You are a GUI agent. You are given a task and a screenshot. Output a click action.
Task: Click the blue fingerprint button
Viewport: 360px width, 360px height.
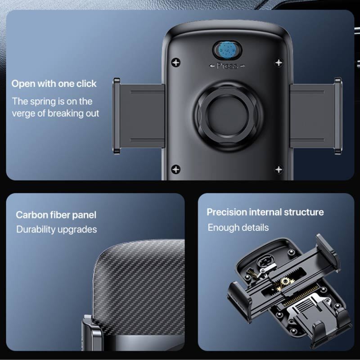[x=227, y=49]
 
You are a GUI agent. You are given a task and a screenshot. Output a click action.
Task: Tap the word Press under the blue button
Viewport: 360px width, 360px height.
[x=227, y=66]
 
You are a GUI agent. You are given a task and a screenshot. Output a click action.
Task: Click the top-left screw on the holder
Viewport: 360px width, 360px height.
[x=176, y=62]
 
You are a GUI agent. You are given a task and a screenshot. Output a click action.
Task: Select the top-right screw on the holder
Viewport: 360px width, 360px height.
[x=279, y=62]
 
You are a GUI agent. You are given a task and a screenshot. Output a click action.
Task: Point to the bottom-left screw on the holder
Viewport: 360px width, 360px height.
[x=176, y=169]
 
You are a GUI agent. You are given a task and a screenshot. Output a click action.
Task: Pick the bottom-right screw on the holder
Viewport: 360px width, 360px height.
[x=279, y=169]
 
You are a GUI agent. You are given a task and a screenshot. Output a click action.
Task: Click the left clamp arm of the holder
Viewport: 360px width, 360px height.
[x=139, y=116]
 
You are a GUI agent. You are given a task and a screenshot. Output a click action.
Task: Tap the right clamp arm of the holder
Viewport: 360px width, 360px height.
[x=316, y=116]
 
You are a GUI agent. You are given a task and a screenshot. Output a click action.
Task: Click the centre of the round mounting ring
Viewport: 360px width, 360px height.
[x=227, y=116]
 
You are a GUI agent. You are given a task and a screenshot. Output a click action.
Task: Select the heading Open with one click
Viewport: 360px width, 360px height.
[x=54, y=84]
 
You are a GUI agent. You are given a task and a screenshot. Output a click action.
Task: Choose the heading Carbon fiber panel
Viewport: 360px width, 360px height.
[x=56, y=215]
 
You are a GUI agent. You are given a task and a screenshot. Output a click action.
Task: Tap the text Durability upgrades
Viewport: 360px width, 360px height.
[x=57, y=229]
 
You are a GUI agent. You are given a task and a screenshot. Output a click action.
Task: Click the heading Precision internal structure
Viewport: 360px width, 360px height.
[x=265, y=212]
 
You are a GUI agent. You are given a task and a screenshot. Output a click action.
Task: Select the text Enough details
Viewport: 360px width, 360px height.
[x=238, y=228]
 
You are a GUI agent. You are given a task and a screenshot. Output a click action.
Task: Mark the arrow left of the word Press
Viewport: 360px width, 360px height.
[x=212, y=66]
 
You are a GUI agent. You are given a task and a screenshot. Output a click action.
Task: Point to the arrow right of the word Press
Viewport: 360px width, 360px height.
[x=243, y=66]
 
